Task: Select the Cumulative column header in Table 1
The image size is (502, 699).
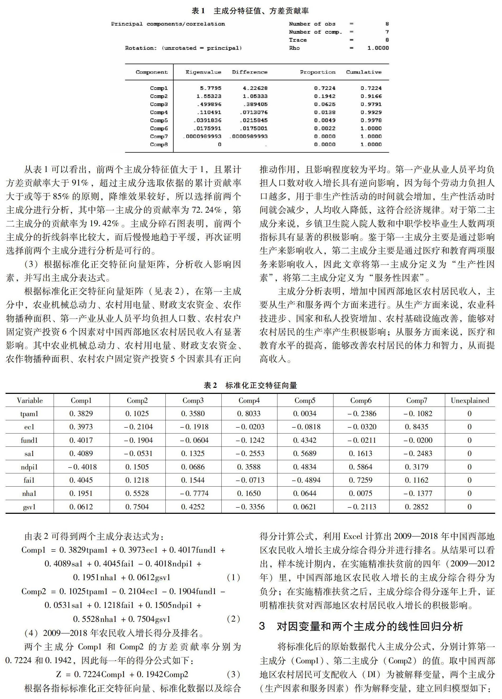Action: click(364, 72)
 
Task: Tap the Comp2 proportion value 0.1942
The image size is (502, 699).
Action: click(324, 96)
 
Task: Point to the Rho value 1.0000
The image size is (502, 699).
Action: click(378, 48)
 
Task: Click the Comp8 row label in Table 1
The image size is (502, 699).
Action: click(159, 144)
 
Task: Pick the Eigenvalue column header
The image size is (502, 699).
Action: click(203, 72)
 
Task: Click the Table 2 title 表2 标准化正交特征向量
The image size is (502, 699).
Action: click(250, 385)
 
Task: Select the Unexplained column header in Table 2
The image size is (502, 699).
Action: click(470, 400)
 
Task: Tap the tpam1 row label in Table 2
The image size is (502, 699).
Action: click(29, 414)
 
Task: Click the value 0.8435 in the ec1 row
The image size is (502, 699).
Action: click(417, 427)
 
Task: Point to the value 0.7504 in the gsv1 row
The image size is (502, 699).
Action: click(137, 507)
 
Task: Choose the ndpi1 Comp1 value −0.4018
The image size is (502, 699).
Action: click(82, 467)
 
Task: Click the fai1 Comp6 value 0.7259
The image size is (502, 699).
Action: click(361, 480)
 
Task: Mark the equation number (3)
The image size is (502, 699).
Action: click(233, 674)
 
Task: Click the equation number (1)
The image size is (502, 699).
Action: click(233, 577)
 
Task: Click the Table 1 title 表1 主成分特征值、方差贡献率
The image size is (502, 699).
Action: click(250, 11)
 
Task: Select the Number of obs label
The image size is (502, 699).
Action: click(312, 24)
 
